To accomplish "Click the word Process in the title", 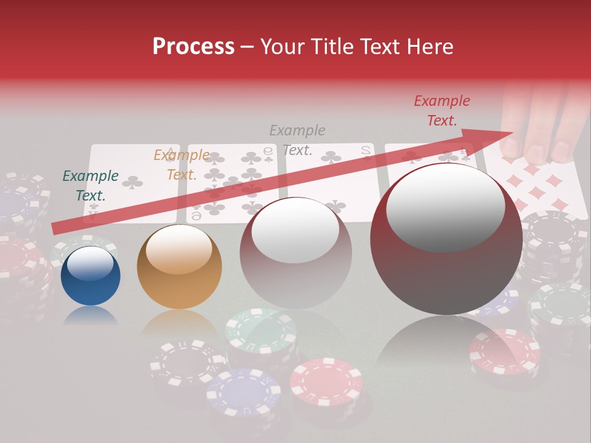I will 193,47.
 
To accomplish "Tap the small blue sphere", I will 90,276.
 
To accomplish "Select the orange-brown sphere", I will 179,266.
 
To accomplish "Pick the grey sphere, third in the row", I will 295,253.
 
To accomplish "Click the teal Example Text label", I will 90,185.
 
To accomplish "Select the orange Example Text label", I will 182,164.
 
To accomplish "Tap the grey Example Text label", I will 297,140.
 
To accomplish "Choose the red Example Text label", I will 442,111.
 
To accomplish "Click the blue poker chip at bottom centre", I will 244,391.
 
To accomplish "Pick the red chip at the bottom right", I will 504,351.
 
